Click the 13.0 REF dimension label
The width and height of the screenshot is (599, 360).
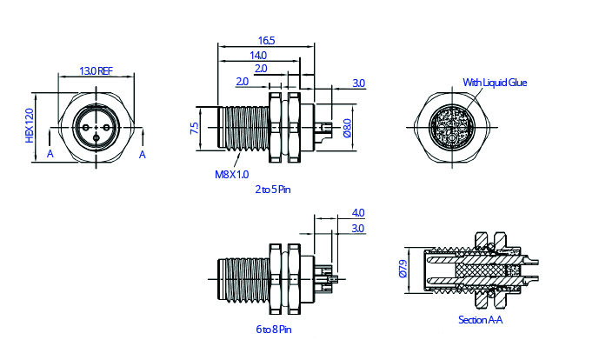[x=97, y=70]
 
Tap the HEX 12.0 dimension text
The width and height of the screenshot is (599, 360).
[x=29, y=125]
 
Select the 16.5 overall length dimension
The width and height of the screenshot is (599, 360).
[x=266, y=41]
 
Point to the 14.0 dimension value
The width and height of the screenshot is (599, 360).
[x=258, y=55]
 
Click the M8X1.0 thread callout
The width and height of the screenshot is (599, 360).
[x=231, y=174]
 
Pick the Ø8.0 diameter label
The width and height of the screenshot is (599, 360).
[x=347, y=129]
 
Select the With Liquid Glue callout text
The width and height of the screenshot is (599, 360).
[x=495, y=83]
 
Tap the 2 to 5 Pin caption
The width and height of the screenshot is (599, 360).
[x=273, y=188]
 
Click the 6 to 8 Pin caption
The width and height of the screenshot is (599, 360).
[x=273, y=330]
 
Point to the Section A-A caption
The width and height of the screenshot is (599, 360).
[x=481, y=320]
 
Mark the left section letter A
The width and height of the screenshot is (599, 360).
[x=50, y=154]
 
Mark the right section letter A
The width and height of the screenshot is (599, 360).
[x=143, y=154]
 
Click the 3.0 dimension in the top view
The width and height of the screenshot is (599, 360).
[x=358, y=83]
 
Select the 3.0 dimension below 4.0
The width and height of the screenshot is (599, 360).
[x=358, y=228]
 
